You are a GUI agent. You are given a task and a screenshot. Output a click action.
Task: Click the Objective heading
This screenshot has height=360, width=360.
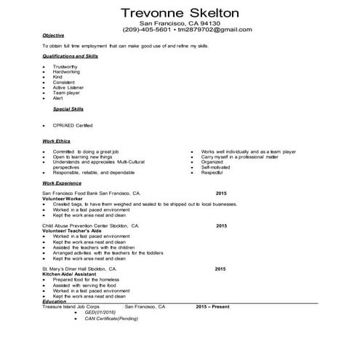click(x=53, y=36)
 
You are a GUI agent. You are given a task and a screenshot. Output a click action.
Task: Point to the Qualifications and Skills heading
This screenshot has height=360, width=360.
click(x=71, y=55)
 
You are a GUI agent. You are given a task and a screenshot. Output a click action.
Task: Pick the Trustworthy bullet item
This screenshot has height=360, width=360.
click(x=65, y=67)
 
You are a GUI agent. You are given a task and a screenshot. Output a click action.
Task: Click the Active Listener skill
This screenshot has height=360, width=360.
click(x=69, y=87)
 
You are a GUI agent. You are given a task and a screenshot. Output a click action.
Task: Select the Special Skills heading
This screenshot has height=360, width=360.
click(x=69, y=108)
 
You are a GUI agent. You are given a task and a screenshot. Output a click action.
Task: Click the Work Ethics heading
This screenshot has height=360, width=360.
click(x=57, y=140)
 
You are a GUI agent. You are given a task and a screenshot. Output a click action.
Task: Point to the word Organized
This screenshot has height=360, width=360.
click(x=212, y=161)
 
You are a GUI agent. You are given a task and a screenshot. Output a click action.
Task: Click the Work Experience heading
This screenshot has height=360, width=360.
click(x=63, y=184)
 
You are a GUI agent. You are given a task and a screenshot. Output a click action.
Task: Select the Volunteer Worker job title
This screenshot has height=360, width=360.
click(x=63, y=199)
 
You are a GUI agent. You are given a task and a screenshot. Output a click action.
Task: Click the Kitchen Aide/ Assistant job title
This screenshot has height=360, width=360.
click(x=71, y=274)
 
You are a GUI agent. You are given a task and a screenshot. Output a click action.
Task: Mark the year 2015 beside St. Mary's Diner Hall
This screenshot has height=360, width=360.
click(x=221, y=269)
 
